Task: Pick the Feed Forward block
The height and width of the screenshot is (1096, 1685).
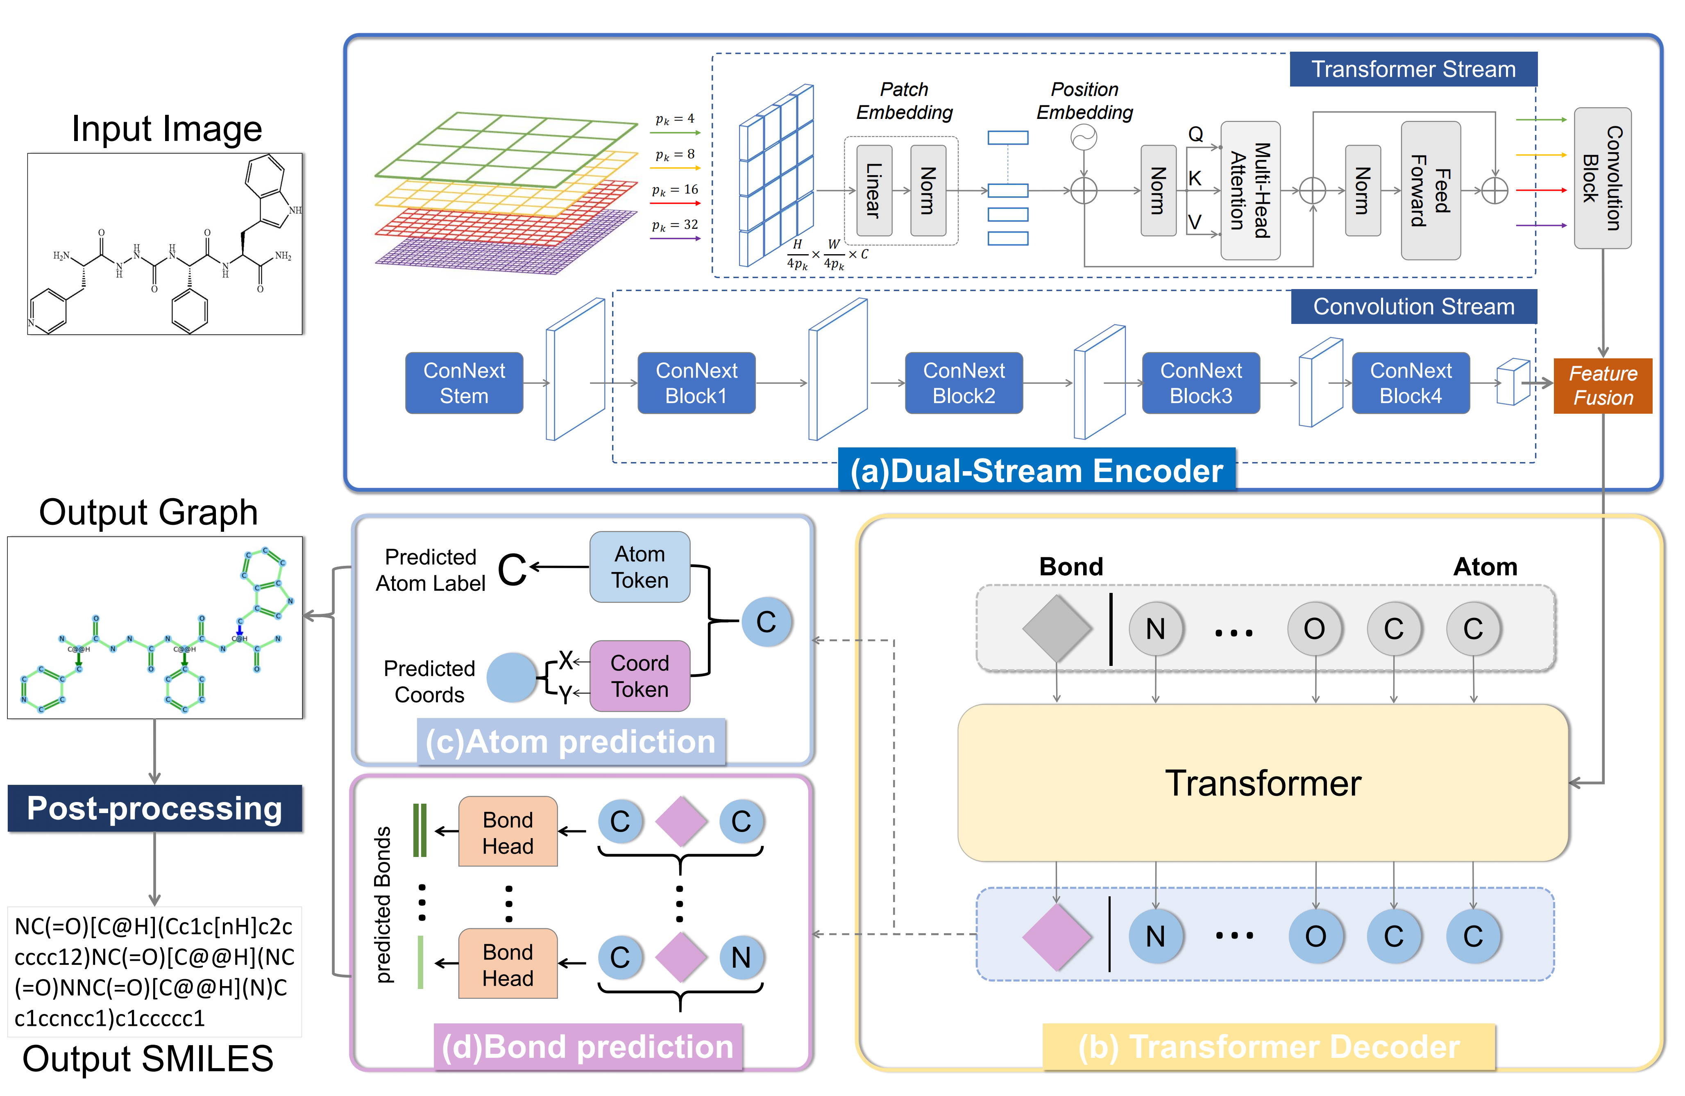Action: coord(1430,191)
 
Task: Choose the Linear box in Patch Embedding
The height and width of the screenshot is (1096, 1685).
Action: coord(874,191)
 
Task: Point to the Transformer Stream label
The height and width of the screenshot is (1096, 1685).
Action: coord(1413,69)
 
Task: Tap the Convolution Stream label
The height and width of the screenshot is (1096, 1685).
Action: coord(1413,307)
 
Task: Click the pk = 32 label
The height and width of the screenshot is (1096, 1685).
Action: coord(675,225)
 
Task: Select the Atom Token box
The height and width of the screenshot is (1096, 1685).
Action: coord(640,567)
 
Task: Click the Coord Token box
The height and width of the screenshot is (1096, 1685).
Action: coord(640,676)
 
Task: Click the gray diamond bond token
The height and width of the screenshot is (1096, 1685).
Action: coord(1056,629)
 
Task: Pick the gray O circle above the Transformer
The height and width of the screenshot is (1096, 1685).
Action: coord(1315,629)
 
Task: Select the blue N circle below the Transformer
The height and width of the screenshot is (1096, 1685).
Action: coord(1155,936)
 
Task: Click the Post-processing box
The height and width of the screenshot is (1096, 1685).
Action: coord(154,808)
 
